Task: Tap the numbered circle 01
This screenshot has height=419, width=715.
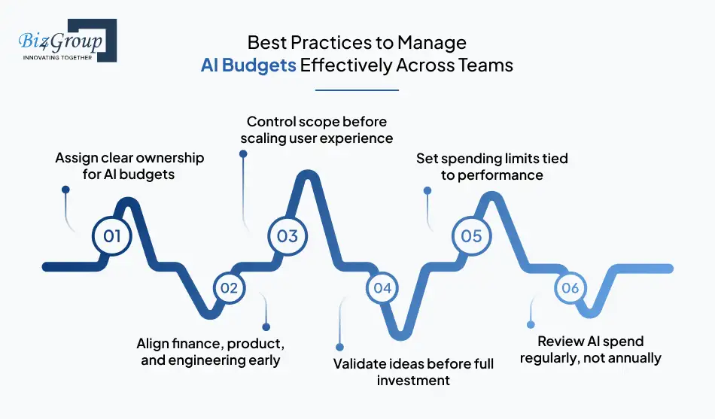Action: coord(112,236)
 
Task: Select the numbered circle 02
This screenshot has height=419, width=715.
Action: coord(229,287)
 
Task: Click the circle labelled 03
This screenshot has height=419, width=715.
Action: coord(288,236)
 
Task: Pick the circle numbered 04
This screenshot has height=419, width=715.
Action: coord(382,287)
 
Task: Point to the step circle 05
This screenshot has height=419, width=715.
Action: coord(471,236)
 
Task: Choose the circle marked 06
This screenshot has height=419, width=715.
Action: coord(570,288)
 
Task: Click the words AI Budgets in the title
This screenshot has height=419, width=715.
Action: coord(248,65)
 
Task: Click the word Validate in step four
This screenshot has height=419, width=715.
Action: coord(359,364)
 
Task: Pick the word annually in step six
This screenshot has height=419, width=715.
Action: coord(631,358)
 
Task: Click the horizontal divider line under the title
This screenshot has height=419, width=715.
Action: coord(357,90)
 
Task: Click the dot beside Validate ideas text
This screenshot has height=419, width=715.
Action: coord(339,348)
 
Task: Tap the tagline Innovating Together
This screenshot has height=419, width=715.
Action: coord(57,57)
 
